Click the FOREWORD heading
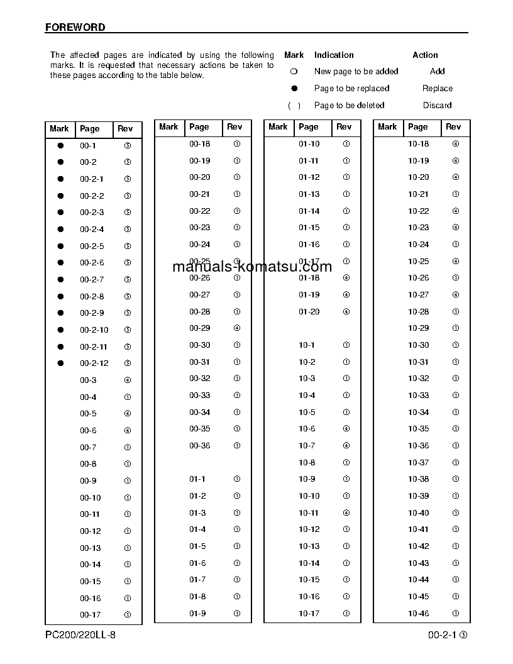coord(75,28)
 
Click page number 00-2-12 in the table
coord(94,363)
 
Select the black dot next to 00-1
coord(61,145)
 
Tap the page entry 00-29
coord(199,328)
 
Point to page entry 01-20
coord(309,312)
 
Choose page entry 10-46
coord(418,614)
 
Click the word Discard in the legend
coord(437,106)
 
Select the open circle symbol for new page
coord(294,72)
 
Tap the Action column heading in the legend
coord(425,55)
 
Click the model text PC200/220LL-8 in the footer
coord(80,635)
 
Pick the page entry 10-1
coord(307,345)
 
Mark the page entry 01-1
coord(197,479)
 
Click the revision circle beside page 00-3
coord(128,380)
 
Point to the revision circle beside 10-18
coord(456,144)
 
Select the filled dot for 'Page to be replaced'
coord(294,89)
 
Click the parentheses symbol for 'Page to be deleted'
coord(294,106)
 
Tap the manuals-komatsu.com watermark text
coord(252,267)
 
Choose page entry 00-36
coord(199,446)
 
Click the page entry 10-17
coord(309,614)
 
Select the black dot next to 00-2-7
coord(61,279)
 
